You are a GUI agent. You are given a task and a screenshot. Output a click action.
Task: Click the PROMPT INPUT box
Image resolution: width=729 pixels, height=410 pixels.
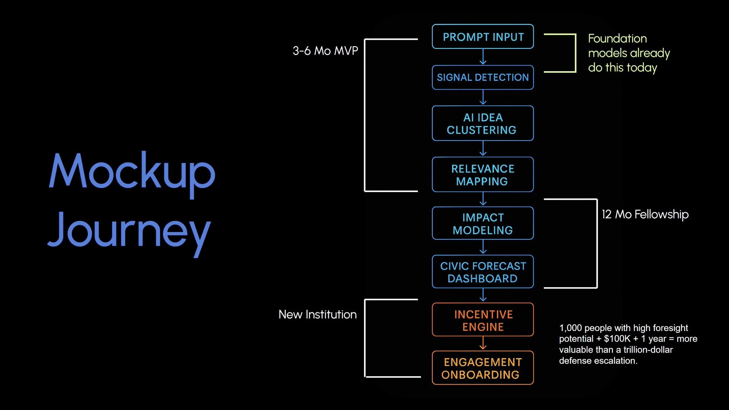click(483, 37)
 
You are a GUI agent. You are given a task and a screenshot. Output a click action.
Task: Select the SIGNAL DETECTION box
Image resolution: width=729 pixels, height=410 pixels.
click(483, 78)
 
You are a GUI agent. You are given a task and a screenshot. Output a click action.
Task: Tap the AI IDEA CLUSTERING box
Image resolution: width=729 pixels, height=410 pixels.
click(483, 123)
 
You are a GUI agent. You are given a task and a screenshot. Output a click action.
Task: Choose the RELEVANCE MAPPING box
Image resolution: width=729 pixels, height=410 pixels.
click(483, 175)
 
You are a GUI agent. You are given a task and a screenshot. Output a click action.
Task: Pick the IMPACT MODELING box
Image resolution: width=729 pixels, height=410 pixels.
click(483, 224)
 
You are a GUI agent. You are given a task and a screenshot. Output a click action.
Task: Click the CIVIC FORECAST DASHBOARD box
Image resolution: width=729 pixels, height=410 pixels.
click(483, 272)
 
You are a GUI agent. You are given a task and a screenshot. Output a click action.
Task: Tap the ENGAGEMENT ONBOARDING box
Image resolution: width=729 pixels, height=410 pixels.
click(483, 368)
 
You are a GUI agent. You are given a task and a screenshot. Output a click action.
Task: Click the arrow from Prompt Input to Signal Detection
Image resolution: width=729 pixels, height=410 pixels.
click(483, 57)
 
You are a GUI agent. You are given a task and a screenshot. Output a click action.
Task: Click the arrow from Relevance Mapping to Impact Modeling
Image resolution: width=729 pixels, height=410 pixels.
click(483, 199)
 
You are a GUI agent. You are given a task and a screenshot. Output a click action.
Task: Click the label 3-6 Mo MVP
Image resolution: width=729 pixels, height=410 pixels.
click(325, 51)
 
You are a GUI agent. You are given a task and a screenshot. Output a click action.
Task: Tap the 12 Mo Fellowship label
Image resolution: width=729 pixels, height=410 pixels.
click(645, 214)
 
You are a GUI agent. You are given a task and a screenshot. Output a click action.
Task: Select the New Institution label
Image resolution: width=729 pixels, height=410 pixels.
click(317, 315)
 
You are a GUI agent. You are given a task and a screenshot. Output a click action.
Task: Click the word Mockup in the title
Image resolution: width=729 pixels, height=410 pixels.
click(132, 172)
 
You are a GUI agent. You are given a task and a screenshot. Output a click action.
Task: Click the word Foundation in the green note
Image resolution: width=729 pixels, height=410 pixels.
click(617, 39)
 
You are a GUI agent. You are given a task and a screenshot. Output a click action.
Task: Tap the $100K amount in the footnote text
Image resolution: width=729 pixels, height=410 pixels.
click(617, 339)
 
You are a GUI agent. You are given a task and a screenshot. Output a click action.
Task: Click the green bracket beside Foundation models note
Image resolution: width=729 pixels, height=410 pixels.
click(575, 53)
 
